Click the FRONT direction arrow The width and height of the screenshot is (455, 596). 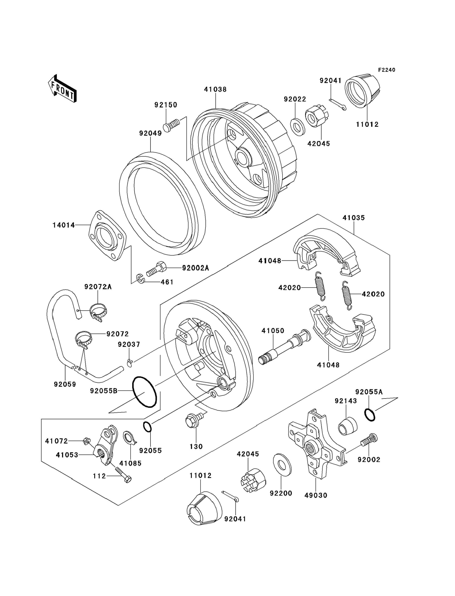coord(62,89)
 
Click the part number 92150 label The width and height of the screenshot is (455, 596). coord(166,105)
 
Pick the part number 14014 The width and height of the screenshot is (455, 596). coord(64,225)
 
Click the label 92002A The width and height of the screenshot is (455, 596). coord(195,268)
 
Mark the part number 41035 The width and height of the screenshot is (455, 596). coord(353,218)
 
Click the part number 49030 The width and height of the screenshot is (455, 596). coord(316,495)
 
